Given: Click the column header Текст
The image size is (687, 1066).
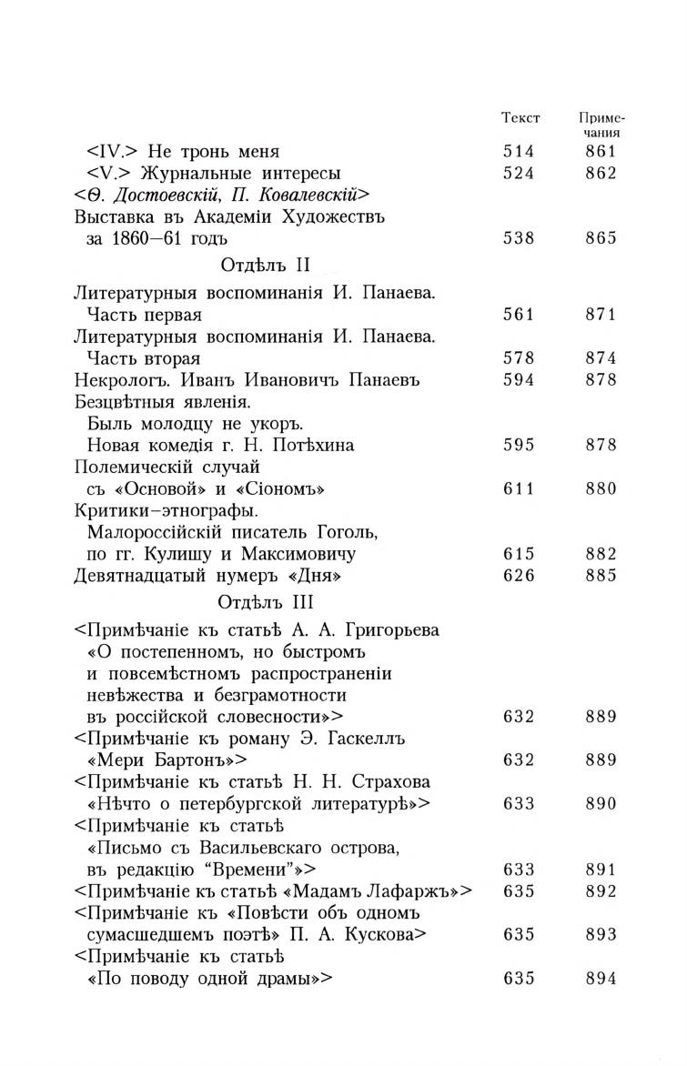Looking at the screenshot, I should click(x=520, y=118).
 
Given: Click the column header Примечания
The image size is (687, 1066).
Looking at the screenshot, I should click(x=601, y=126).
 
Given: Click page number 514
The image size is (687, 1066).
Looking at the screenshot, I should click(x=519, y=152).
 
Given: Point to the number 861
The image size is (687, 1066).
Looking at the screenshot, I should click(x=601, y=152).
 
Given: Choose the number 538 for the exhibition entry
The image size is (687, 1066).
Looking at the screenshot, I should click(x=519, y=238).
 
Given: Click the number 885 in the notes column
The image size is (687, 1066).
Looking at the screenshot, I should click(x=601, y=575).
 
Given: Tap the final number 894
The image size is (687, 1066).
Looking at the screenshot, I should click(x=601, y=978).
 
